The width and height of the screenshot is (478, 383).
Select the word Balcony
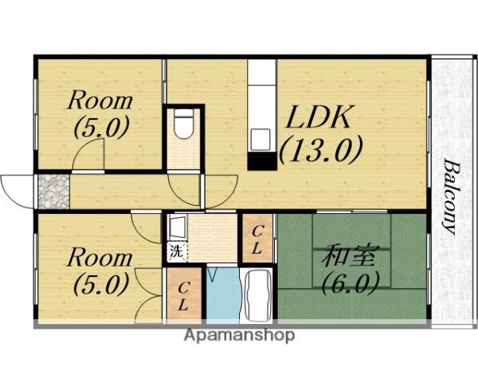[451, 196]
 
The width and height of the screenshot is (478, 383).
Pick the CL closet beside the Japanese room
[257, 239]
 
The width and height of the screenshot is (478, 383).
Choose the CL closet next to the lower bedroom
[182, 295]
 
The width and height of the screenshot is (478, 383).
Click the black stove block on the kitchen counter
[261, 160]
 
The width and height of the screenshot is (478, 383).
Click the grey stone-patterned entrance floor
[53, 191]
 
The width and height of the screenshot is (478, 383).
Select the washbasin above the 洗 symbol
[176, 228]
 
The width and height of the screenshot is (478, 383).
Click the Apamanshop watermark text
[239, 335]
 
